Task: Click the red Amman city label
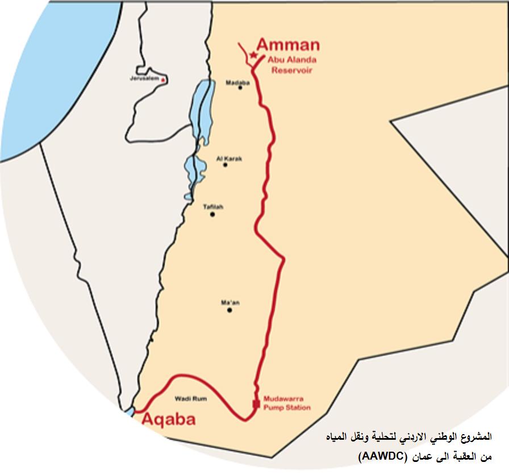click(x=288, y=45)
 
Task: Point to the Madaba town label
click(x=237, y=82)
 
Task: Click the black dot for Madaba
click(x=240, y=88)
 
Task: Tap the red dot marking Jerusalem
click(x=163, y=80)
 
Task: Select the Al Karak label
click(x=229, y=159)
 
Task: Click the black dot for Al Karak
click(x=226, y=165)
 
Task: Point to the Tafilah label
click(x=213, y=207)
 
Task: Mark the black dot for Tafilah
click(x=212, y=215)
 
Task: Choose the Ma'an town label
click(x=230, y=303)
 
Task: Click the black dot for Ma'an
click(x=230, y=310)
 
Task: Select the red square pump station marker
click(x=256, y=404)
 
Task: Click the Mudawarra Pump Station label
click(x=287, y=403)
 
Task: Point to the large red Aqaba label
click(x=168, y=420)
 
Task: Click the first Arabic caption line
click(x=405, y=438)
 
